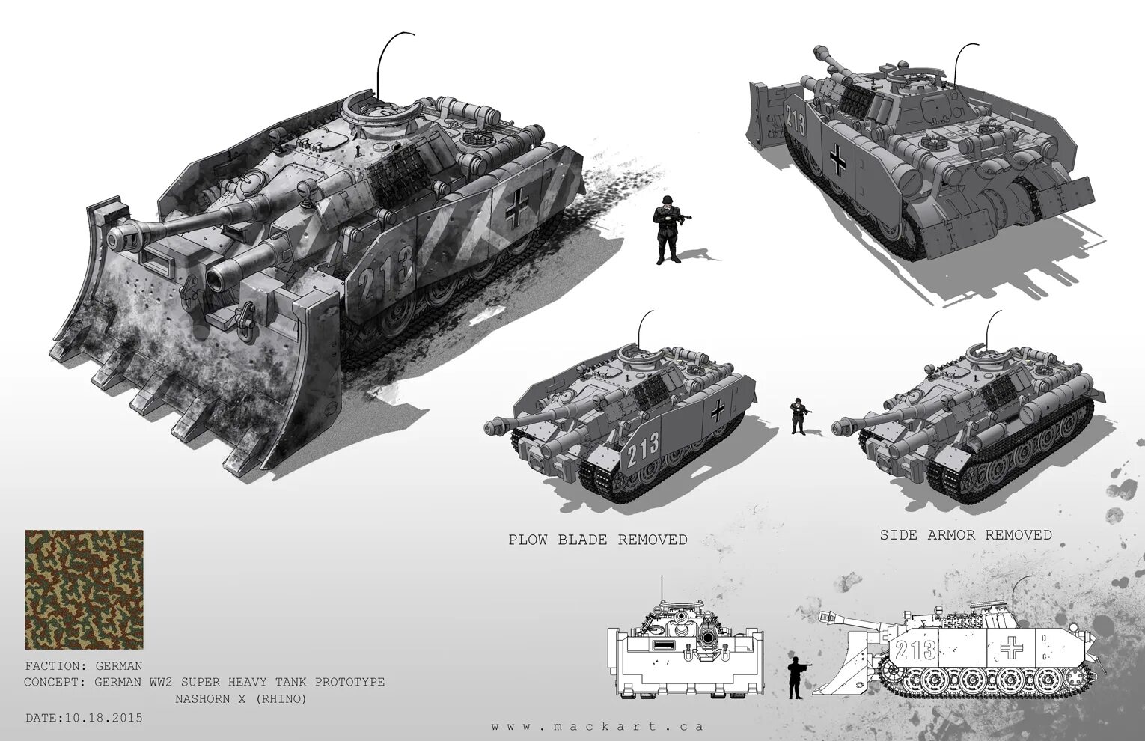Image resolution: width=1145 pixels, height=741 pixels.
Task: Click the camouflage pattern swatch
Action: [84, 590]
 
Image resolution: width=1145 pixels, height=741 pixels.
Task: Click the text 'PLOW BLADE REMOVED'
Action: [597, 540]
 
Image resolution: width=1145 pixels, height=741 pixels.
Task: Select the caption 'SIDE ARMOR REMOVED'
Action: [965, 534]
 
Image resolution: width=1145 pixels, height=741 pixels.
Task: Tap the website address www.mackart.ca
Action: [597, 726]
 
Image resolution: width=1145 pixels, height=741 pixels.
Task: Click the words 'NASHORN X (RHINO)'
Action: [240, 699]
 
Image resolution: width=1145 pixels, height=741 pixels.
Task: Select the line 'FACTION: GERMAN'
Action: [83, 665]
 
